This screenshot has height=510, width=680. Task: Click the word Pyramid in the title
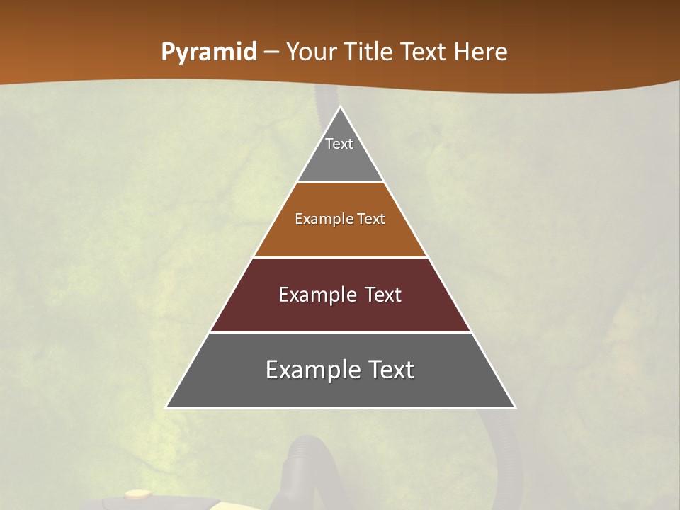[x=209, y=52]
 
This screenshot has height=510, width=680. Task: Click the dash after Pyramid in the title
[x=271, y=53]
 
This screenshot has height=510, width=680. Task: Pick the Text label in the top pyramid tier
[x=339, y=144]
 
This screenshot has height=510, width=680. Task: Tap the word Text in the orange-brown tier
[x=371, y=219]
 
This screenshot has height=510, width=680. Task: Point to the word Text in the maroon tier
[x=383, y=295]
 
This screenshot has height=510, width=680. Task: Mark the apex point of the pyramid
[x=341, y=108]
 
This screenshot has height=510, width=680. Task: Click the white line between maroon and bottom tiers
[x=341, y=332]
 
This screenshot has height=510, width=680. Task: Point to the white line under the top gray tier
[x=341, y=182]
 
